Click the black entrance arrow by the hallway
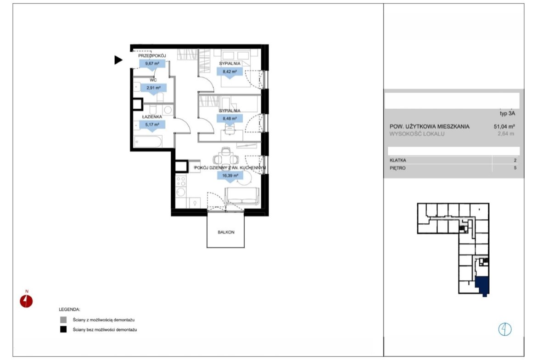tap(118, 60)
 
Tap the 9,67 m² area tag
tap(152, 64)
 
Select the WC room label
tap(153, 80)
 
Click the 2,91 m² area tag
tap(153, 88)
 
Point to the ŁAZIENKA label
tap(152, 116)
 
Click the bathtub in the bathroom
tap(148, 141)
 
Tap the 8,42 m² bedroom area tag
tap(230, 72)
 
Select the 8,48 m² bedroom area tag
tap(230, 119)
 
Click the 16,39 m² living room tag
tap(230, 176)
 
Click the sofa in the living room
tap(242, 196)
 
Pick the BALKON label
tap(226, 232)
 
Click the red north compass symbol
tap(26, 301)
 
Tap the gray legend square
tap(63, 320)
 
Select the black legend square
tap(63, 329)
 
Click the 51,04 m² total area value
tap(504, 126)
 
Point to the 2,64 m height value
tap(506, 134)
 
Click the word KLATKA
tap(398, 160)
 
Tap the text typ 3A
tap(507, 113)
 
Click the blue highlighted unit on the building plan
tap(482, 285)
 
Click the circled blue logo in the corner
tap(505, 329)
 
